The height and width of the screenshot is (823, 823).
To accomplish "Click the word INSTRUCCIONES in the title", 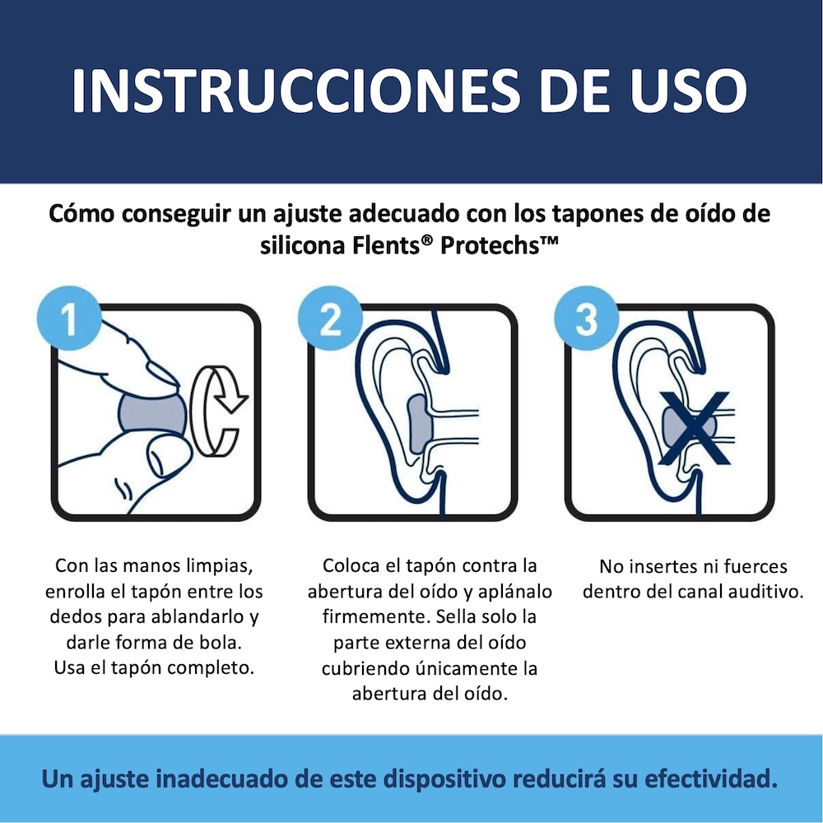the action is (296, 90).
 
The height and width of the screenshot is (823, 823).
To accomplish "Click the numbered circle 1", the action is (69, 318).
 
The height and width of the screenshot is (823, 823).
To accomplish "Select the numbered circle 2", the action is (330, 318).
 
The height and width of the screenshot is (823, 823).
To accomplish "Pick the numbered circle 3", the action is (586, 318).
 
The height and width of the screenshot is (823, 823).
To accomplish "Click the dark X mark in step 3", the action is (695, 428).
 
